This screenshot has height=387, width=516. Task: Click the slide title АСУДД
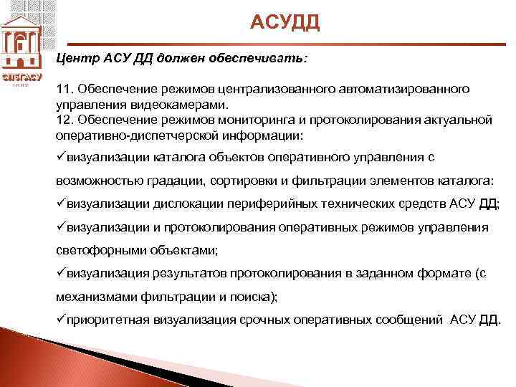[285, 23]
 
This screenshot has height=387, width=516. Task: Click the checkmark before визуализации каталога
[60, 156]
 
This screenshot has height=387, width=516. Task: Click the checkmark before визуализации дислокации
[60, 202]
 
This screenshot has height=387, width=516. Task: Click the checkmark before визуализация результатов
[60, 272]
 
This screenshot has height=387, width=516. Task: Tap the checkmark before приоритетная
[60, 319]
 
